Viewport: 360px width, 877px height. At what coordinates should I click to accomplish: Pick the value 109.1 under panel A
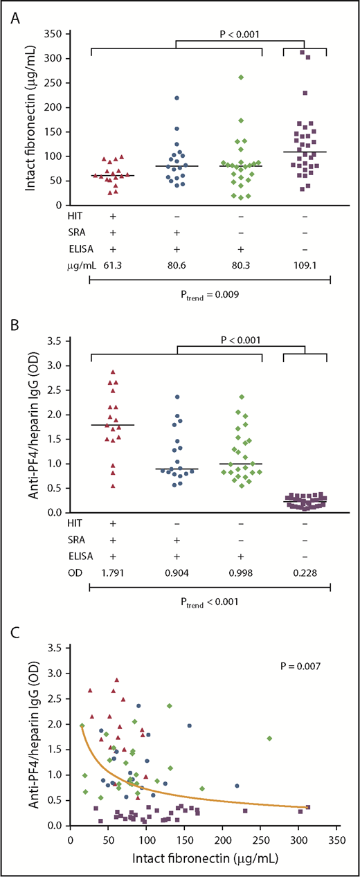click(x=305, y=264)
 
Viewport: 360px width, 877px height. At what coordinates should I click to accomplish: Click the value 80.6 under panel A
click(x=176, y=264)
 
